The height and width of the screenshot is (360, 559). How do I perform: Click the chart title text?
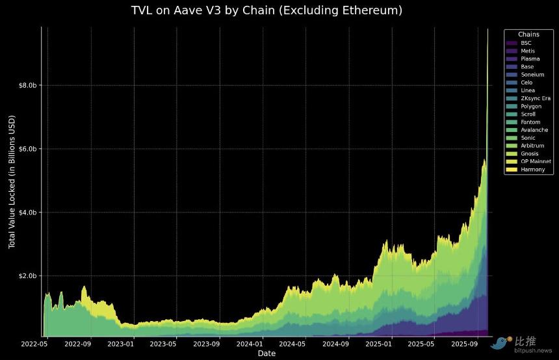266,10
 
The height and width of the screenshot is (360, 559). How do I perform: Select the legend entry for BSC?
526,43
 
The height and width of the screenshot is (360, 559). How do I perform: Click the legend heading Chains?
528,34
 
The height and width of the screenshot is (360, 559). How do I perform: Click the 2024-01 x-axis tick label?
250,342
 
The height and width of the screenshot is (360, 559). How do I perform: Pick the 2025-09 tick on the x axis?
465,342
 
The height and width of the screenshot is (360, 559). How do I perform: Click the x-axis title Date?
266,354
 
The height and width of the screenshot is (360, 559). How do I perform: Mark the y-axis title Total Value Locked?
12,182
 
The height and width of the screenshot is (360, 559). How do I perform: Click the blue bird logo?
501,343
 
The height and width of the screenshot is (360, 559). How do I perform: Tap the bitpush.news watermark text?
532,350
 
